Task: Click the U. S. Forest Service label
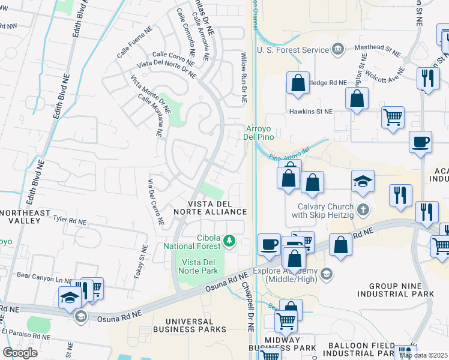click(x=292, y=50)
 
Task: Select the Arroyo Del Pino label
click(x=259, y=132)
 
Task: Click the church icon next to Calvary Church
click(x=362, y=210)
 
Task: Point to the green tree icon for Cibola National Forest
click(x=229, y=241)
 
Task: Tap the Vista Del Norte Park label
click(x=199, y=267)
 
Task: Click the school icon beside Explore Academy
click(x=326, y=275)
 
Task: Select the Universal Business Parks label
click(x=189, y=325)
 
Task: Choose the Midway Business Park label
click(x=282, y=343)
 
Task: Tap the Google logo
click(x=20, y=352)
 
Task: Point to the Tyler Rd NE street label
click(x=70, y=221)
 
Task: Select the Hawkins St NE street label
click(x=310, y=112)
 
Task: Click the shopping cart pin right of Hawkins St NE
click(x=393, y=118)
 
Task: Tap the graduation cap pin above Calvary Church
click(x=363, y=181)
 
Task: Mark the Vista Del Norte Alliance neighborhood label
click(x=209, y=208)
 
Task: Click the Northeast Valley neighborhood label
click(x=20, y=217)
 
